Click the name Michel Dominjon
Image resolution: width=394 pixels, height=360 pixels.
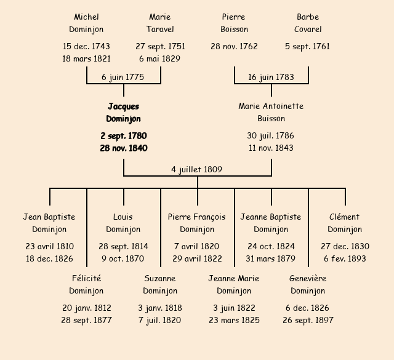[x=86, y=23]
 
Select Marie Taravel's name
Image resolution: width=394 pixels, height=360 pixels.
[x=160, y=23]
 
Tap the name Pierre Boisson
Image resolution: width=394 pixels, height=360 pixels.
[x=234, y=23]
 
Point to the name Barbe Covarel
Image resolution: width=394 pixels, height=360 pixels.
[x=308, y=23]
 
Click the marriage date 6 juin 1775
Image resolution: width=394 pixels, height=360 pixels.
[x=123, y=77]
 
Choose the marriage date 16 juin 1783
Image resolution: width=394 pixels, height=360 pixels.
[x=271, y=77]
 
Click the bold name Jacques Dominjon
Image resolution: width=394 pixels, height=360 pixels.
[x=123, y=113]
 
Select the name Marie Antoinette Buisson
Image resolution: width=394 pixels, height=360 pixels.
[x=271, y=112]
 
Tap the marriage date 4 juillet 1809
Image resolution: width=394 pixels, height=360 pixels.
[x=197, y=169]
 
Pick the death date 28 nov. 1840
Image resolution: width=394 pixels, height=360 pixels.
[x=123, y=148]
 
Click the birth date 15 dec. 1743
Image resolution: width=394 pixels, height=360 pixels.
[x=86, y=46]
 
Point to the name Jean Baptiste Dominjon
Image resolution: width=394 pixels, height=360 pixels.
[x=49, y=223]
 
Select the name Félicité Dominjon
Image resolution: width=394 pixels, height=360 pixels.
[x=86, y=284]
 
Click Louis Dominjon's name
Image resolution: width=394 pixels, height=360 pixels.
[x=123, y=223]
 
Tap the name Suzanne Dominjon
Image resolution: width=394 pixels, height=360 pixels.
[x=160, y=284]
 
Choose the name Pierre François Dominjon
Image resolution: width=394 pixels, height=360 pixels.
[x=197, y=223]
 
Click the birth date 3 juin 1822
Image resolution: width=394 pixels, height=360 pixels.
[x=234, y=308]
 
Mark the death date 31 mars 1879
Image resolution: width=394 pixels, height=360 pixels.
[x=271, y=258]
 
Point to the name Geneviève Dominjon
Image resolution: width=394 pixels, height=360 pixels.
[x=308, y=284]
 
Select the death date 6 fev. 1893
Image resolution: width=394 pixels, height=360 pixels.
[x=345, y=258]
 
